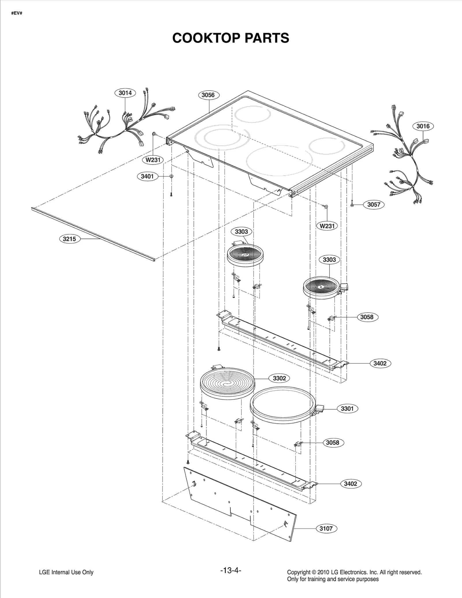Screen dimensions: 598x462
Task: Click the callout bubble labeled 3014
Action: pyautogui.click(x=125, y=93)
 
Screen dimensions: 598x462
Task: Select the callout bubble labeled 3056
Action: pyautogui.click(x=208, y=95)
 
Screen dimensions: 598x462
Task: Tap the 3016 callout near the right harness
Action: pyautogui.click(x=423, y=126)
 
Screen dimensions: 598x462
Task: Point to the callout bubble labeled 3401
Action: pyautogui.click(x=147, y=176)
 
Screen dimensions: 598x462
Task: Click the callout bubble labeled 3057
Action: pyautogui.click(x=374, y=205)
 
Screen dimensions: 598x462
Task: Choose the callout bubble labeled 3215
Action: pyautogui.click(x=69, y=239)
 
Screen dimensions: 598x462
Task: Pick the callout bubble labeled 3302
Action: pyautogui.click(x=279, y=378)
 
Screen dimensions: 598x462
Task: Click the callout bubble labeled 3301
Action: pyautogui.click(x=347, y=408)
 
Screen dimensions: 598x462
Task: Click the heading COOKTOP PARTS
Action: pyautogui.click(x=230, y=38)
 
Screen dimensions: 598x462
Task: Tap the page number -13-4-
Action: pyautogui.click(x=230, y=570)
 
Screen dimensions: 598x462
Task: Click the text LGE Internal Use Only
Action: pyautogui.click(x=66, y=572)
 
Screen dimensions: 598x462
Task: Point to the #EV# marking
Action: pyautogui.click(x=17, y=14)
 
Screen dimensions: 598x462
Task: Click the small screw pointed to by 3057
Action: pyautogui.click(x=352, y=204)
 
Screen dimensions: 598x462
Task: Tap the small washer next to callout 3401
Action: pyautogui.click(x=171, y=176)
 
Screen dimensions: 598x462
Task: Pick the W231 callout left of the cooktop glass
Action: pyautogui.click(x=153, y=160)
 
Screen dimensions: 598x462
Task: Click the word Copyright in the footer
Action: pyautogui.click(x=297, y=572)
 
